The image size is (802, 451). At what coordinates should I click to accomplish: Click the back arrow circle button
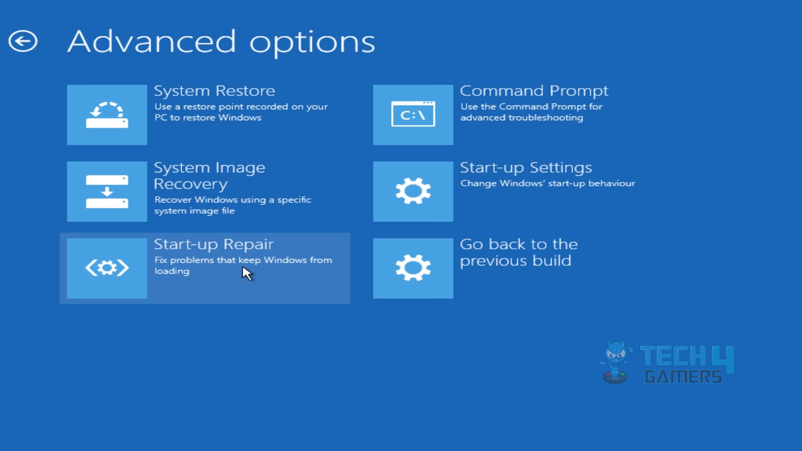coord(23,41)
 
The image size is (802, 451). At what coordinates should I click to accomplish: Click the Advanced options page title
coord(221,42)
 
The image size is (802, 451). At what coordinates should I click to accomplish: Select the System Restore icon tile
coord(107,115)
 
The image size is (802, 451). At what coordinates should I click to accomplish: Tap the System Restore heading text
coord(214,90)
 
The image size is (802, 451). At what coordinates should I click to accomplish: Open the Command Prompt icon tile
coord(413,115)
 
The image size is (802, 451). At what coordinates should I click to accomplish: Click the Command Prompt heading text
coord(534,90)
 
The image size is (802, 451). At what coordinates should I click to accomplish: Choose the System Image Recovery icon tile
coord(107,192)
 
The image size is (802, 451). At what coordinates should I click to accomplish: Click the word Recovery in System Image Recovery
coord(191,184)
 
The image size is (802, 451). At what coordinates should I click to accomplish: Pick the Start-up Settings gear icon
coord(413,192)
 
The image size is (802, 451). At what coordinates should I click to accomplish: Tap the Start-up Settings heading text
coord(526,168)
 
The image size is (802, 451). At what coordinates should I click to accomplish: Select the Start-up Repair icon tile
coord(107,268)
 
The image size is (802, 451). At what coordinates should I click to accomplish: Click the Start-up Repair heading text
coord(213,244)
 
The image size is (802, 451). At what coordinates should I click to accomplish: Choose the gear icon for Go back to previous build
coord(413,268)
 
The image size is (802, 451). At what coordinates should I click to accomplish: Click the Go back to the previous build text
coord(518,252)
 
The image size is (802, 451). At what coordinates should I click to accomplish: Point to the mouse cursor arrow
coord(247,273)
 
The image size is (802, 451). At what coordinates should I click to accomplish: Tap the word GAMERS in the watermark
coord(683,376)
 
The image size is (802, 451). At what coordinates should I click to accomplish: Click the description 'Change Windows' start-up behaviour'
coord(548,183)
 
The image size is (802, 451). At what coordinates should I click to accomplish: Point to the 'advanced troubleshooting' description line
coord(522,117)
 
